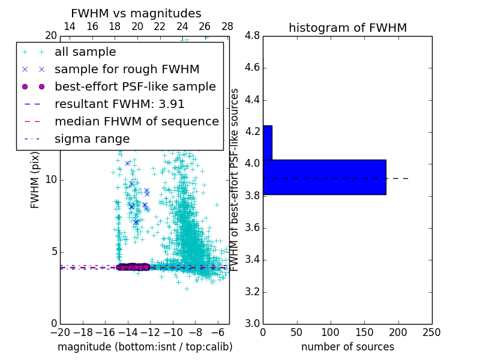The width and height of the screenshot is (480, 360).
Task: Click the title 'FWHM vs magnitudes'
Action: (x=136, y=14)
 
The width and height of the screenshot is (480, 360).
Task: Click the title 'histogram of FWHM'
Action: (x=347, y=28)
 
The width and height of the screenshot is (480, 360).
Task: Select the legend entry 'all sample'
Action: (x=85, y=52)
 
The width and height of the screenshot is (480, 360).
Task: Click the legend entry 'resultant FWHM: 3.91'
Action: (x=119, y=104)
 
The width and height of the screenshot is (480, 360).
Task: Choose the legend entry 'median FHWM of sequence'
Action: (x=136, y=121)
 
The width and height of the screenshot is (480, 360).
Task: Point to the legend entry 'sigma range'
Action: (x=92, y=139)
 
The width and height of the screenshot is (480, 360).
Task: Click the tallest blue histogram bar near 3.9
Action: (x=324, y=177)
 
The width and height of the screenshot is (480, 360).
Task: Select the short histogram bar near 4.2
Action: (x=268, y=142)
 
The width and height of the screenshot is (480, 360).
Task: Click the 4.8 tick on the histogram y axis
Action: (x=253, y=36)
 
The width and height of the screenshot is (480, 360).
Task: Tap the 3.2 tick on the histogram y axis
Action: (x=253, y=292)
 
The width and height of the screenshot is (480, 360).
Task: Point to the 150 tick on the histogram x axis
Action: (x=364, y=332)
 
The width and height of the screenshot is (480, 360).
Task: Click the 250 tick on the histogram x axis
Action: (x=431, y=332)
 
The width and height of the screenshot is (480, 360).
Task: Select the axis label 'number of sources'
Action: (x=347, y=347)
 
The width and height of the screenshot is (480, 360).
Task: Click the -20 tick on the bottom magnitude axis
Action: (x=60, y=332)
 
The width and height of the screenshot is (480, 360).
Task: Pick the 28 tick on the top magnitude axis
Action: (x=227, y=26)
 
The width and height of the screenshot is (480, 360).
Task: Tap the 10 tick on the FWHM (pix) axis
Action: (x=51, y=180)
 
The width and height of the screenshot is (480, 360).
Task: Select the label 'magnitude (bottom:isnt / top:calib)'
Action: (x=145, y=347)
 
